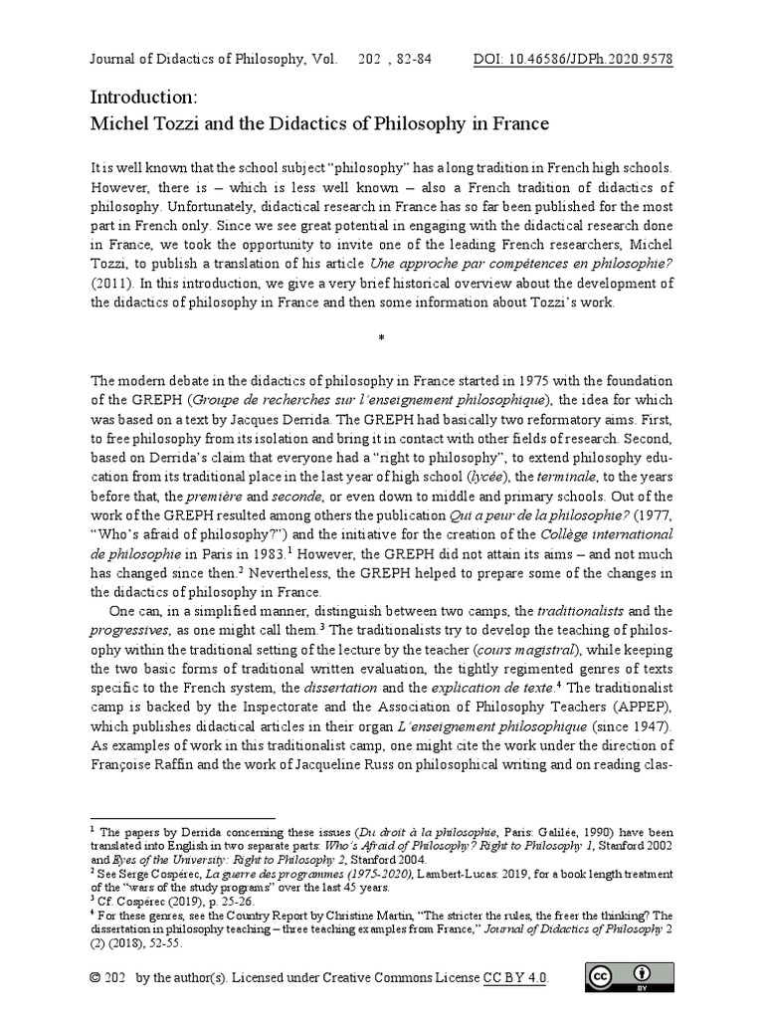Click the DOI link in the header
click(574, 59)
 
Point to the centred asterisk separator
click(382, 339)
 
